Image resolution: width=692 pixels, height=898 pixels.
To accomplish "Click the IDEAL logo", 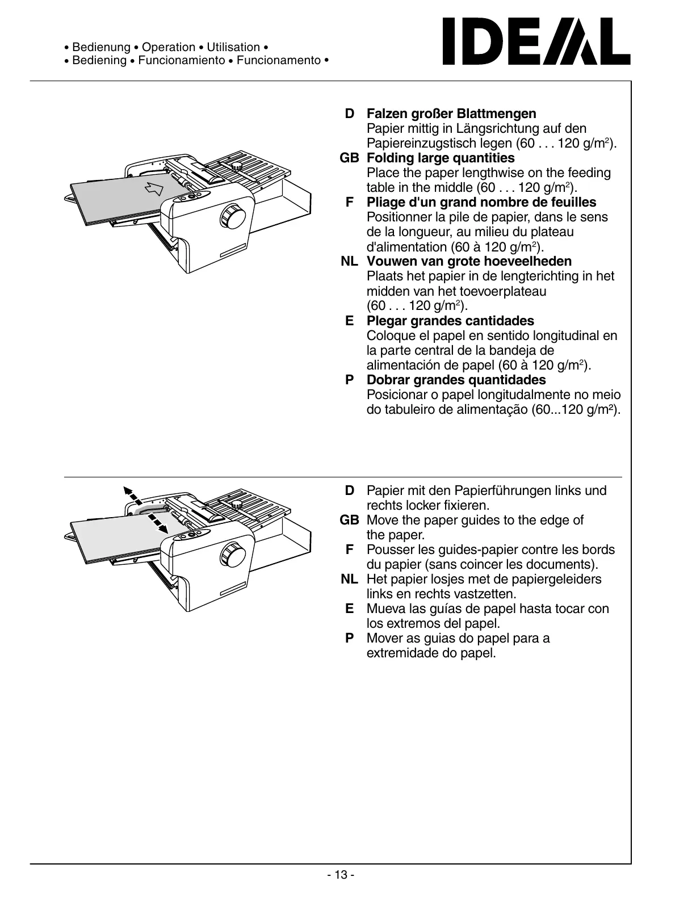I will [536, 41].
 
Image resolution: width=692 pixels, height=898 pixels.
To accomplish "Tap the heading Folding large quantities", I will [441, 158].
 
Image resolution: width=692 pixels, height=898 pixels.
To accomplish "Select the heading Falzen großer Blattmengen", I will [451, 114].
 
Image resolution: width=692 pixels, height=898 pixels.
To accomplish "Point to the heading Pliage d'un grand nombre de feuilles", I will [481, 202].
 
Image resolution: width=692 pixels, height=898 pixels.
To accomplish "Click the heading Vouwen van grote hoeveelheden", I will [469, 261].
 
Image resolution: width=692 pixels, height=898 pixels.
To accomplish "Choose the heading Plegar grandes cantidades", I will [450, 321].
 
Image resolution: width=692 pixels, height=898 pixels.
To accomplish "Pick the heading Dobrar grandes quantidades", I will [456, 380].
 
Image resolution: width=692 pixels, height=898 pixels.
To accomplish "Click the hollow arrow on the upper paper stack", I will [154, 188].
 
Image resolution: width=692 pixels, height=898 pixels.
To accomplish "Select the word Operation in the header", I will [169, 48].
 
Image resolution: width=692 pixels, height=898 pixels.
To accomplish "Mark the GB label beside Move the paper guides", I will [349, 520].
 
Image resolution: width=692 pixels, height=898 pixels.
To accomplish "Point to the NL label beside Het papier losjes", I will [349, 579].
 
